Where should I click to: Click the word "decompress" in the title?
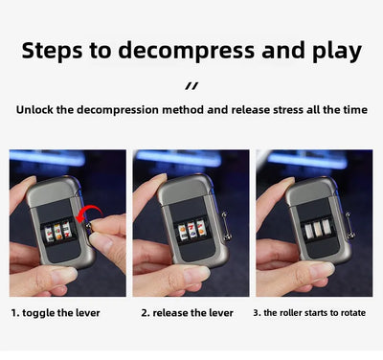(187, 51)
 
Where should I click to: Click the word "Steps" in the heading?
(52, 51)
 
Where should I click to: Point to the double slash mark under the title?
(191, 86)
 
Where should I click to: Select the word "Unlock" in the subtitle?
(34, 110)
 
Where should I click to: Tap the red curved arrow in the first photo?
(88, 213)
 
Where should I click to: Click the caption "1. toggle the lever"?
(56, 313)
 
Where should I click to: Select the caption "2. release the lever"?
(187, 313)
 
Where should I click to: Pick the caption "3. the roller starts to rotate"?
(309, 313)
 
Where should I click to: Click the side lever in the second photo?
(225, 225)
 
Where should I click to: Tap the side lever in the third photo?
(349, 225)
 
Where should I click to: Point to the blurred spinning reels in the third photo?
(317, 230)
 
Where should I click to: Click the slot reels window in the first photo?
(58, 231)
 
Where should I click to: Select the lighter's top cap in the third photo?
(310, 190)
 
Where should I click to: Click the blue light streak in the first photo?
(47, 158)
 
